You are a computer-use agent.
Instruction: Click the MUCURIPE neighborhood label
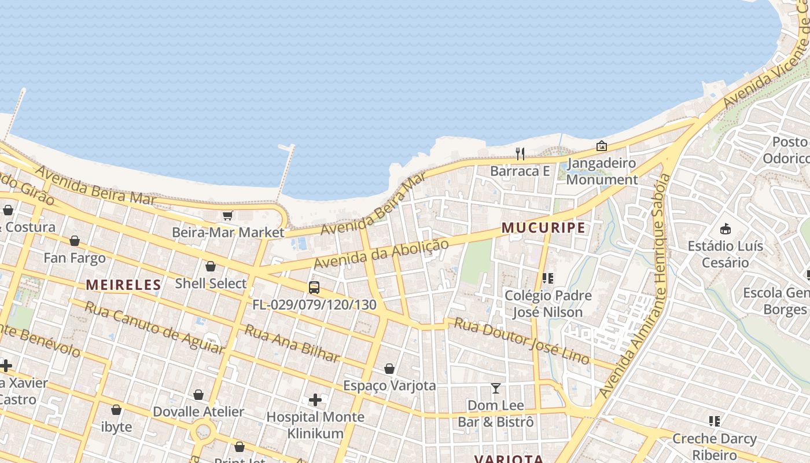[543, 228]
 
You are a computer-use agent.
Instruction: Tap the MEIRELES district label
[123, 284]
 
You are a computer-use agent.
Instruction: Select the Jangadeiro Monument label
[602, 171]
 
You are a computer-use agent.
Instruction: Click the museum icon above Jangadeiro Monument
[602, 146]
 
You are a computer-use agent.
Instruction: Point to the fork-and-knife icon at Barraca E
[520, 153]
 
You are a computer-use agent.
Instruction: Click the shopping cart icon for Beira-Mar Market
[227, 215]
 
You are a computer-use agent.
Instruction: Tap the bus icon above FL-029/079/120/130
[314, 287]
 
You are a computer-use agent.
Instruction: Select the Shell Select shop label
[211, 284]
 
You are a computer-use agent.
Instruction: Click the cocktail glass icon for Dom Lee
[496, 388]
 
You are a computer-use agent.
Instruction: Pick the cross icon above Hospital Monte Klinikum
[315, 399]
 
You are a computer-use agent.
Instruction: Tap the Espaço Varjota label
[389, 385]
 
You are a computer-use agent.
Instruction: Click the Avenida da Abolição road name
[381, 254]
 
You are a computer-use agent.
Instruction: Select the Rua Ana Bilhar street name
[292, 343]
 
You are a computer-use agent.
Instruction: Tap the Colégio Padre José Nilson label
[548, 304]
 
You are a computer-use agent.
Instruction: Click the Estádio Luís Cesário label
[725, 254]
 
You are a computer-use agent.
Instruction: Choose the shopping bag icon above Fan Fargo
[75, 241]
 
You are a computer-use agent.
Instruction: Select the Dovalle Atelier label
[198, 412]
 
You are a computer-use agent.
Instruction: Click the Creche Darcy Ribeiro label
[715, 446]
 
